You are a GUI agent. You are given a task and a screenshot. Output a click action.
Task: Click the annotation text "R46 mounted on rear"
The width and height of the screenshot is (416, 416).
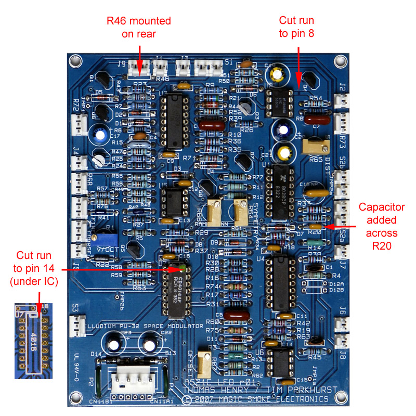[x=139, y=27]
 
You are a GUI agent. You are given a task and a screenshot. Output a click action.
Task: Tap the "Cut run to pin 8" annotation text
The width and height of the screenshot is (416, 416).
[x=296, y=27]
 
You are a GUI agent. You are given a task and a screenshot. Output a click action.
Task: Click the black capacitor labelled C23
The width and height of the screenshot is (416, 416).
[x=113, y=343]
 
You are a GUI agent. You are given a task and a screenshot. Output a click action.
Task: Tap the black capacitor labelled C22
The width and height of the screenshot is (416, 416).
[x=148, y=343]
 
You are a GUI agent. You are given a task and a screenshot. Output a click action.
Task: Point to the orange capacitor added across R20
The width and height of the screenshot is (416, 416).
[x=314, y=227]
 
